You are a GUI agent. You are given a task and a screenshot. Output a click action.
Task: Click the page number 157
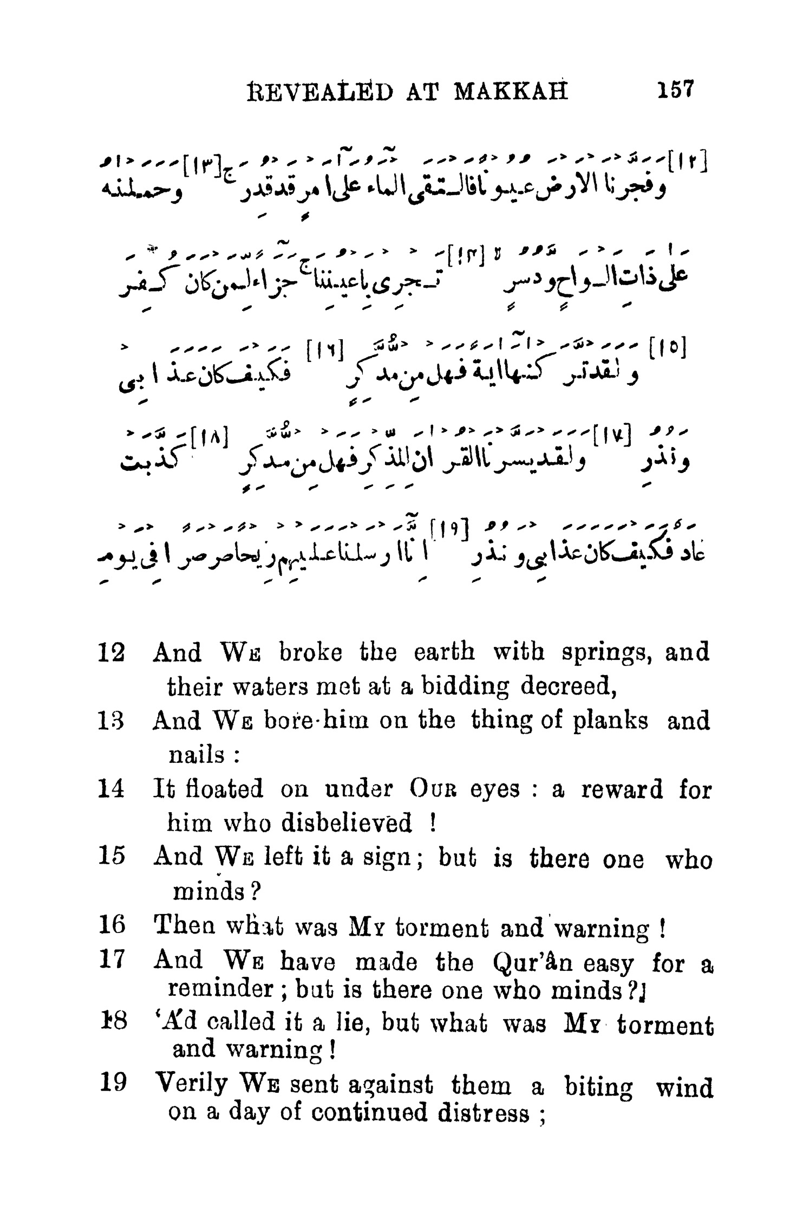(675, 89)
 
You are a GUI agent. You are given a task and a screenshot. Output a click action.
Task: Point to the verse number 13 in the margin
(113, 721)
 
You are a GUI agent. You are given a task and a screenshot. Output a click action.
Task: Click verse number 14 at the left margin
(113, 789)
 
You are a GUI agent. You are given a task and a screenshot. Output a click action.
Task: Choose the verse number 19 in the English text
(113, 1084)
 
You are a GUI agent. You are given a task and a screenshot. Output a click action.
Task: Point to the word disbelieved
(347, 824)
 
